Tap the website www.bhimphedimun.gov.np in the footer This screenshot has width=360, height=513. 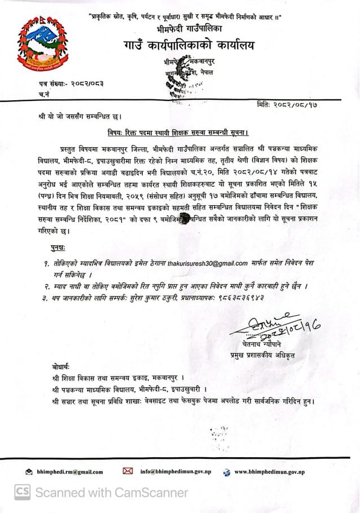pyautogui.click(x=269, y=471)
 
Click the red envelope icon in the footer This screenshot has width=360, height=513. pyautogui.click(x=128, y=471)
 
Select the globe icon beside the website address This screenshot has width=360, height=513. pyautogui.click(x=227, y=472)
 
